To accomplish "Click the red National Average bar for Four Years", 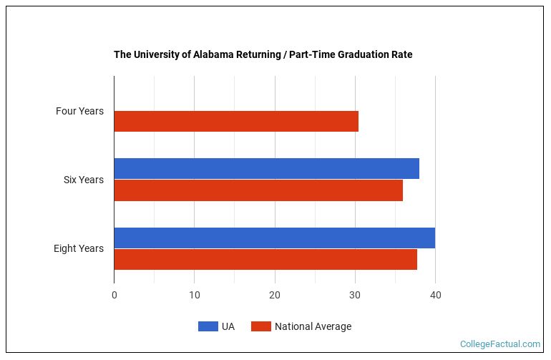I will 236,122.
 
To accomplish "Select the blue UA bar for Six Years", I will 266,169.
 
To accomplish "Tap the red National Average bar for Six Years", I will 258,190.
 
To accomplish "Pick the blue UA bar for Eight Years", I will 274,238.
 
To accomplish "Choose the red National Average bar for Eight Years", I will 265,259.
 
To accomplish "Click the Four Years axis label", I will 79,111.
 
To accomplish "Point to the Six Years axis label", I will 83,180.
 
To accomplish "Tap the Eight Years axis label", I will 79,248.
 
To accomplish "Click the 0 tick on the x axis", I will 114,295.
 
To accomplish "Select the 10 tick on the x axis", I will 195,295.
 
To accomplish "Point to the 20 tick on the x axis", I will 275,295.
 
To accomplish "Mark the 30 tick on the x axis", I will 355,295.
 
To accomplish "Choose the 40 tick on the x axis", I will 435,295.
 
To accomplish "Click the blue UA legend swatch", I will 208,326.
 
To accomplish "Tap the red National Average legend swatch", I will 261,326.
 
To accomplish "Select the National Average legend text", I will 313,326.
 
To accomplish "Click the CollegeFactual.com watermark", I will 500,344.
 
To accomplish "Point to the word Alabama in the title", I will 213,54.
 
